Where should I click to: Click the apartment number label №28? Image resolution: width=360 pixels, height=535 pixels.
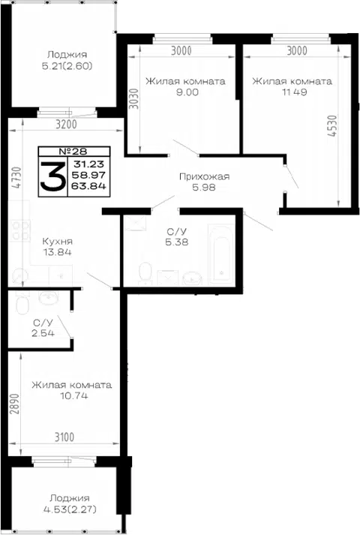click(x=73, y=151)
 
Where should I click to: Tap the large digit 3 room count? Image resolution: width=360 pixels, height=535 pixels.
click(x=52, y=176)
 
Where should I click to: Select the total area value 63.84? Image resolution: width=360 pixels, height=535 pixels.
click(x=88, y=186)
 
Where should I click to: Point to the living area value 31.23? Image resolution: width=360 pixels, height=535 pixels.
click(x=88, y=164)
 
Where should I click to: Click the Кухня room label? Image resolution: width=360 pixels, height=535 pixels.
click(x=57, y=241)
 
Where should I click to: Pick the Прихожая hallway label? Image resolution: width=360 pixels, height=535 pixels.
click(x=204, y=177)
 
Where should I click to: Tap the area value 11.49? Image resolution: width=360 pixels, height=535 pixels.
click(x=295, y=92)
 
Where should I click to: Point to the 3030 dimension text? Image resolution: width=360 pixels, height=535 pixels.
click(x=134, y=99)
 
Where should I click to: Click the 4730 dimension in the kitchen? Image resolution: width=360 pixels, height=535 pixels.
click(x=16, y=177)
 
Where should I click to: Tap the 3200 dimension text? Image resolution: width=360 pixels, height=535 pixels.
click(x=66, y=125)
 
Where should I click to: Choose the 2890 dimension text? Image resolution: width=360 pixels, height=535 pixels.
click(x=14, y=404)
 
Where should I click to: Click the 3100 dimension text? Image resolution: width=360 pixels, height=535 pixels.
click(x=64, y=437)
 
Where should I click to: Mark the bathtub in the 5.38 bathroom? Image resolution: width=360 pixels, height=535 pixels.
click(x=221, y=254)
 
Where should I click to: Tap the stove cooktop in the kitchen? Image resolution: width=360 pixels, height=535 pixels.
click(x=20, y=230)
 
